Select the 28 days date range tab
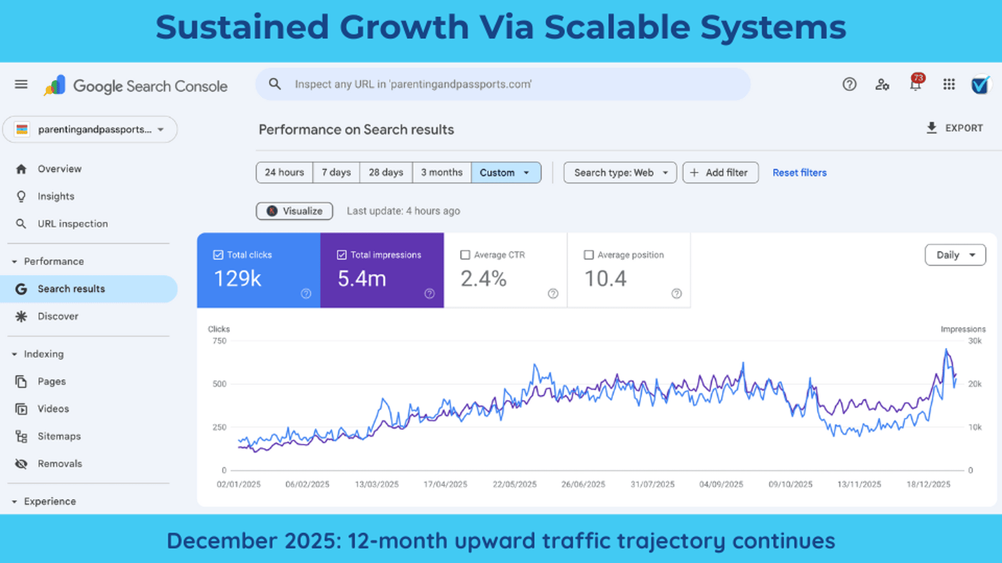pyautogui.click(x=386, y=173)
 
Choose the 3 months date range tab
pyautogui.click(x=442, y=173)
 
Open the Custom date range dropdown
pyautogui.click(x=505, y=173)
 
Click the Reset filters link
pyautogui.click(x=800, y=173)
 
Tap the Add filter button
pyautogui.click(x=720, y=173)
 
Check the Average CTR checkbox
pyautogui.click(x=465, y=255)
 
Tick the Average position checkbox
pyautogui.click(x=589, y=255)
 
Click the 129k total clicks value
pyautogui.click(x=237, y=279)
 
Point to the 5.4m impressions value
pyautogui.click(x=362, y=279)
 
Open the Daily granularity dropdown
pyautogui.click(x=955, y=255)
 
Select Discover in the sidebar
pyautogui.click(x=57, y=316)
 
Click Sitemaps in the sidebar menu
pyautogui.click(x=59, y=436)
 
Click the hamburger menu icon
pyautogui.click(x=21, y=84)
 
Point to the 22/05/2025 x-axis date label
pyautogui.click(x=515, y=484)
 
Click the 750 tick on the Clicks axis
pyautogui.click(x=219, y=341)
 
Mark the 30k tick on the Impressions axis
pyautogui.click(x=975, y=341)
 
